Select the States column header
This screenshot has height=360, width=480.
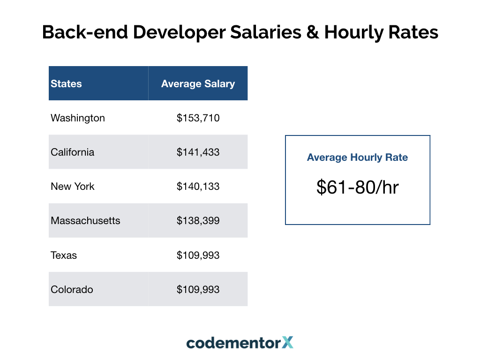66,84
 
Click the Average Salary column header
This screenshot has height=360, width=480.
198,84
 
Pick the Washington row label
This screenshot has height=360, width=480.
78,118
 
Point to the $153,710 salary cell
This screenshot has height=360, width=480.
198,118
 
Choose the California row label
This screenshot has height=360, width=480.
73,152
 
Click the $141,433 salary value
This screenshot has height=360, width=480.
198,152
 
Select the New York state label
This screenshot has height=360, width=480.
73,187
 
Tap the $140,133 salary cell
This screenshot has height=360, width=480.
198,187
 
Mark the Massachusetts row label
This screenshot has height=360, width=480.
85,221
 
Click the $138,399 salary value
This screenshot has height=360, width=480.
198,221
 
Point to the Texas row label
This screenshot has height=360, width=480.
64,255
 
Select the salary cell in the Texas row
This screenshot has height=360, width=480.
198,255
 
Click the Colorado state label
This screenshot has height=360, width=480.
72,290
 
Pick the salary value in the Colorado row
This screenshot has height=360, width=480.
198,290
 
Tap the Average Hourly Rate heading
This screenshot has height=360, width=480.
357,157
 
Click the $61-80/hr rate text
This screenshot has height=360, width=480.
357,187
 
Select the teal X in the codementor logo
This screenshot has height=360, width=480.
288,343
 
